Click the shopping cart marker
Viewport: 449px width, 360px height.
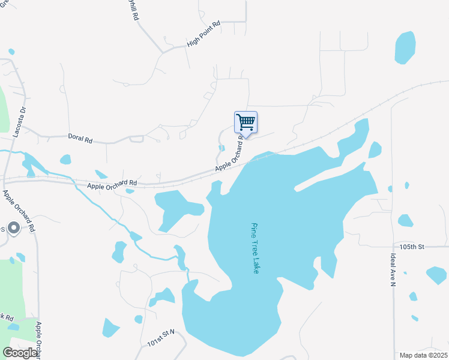coord(246,122)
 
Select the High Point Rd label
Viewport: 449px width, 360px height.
coord(203,34)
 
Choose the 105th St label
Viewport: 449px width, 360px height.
coord(412,247)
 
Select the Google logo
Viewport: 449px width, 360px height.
coord(20,353)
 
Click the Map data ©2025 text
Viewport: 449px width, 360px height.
coord(423,355)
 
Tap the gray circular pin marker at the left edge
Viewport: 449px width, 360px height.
coord(14,228)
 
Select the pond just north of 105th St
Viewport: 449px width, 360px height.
coord(406,220)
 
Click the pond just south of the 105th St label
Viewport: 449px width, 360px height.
coord(436,275)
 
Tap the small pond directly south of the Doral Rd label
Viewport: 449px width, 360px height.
coord(65,160)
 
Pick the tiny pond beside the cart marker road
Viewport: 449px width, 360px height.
coord(221,148)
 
